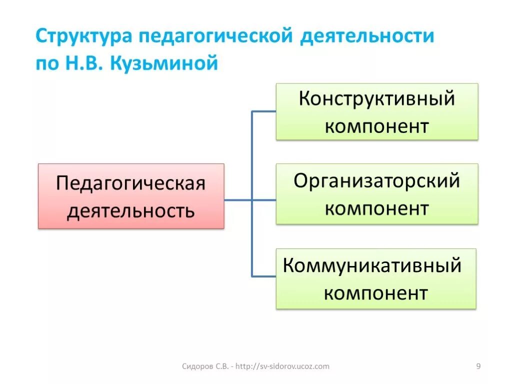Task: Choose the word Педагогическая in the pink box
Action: tap(131, 183)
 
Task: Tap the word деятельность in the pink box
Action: tap(131, 210)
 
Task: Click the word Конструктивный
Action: tap(377, 98)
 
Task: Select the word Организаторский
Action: tap(376, 180)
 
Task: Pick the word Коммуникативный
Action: tap(372, 265)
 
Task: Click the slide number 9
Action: tap(478, 366)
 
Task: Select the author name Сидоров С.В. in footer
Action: tap(205, 366)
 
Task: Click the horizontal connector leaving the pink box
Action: tap(238, 200)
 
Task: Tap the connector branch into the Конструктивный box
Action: tap(264, 111)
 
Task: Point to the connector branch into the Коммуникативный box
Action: tap(264, 275)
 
